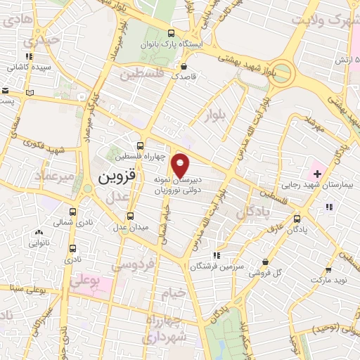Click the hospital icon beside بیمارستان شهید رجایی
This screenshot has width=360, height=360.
click(316, 172)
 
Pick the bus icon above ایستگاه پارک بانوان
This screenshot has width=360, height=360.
click(171, 32)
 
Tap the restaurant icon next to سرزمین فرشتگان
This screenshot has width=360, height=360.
click(217, 255)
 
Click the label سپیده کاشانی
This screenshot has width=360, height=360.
click(27, 68)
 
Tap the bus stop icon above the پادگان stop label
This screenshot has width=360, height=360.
click(297, 219)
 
